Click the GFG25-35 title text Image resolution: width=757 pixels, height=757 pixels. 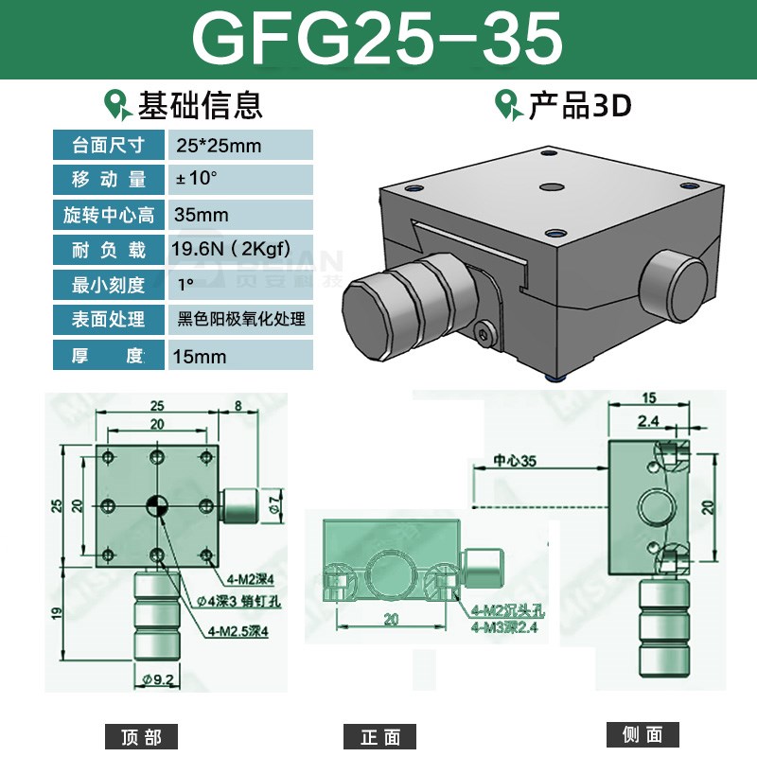(378, 40)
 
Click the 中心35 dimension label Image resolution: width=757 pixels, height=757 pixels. (515, 463)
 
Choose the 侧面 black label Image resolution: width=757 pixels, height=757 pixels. (643, 734)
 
